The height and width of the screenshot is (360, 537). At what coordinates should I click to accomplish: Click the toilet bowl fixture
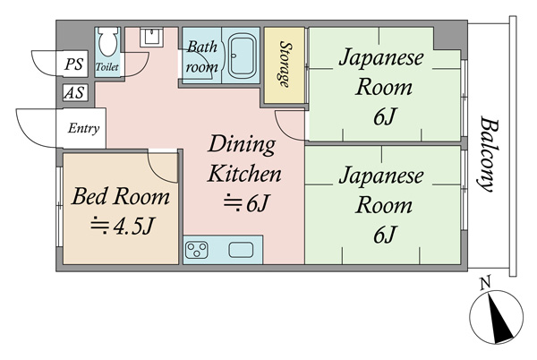pyautogui.click(x=108, y=41)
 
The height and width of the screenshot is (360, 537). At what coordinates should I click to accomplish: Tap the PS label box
pyautogui.click(x=74, y=64)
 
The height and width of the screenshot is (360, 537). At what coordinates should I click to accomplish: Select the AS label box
pyautogui.click(x=75, y=92)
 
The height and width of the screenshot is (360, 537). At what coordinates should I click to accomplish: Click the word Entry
pyautogui.click(x=83, y=128)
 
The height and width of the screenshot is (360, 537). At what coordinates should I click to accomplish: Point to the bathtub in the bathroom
pyautogui.click(x=242, y=56)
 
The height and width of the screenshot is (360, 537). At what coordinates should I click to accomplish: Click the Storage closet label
pyautogui.click(x=285, y=64)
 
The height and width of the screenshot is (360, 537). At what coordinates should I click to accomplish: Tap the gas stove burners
pyautogui.click(x=197, y=250)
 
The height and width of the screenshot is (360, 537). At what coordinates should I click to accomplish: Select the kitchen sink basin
pyautogui.click(x=241, y=250)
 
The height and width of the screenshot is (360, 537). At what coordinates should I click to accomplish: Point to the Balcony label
pyautogui.click(x=488, y=153)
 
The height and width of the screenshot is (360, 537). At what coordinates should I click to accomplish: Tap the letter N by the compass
pyautogui.click(x=485, y=283)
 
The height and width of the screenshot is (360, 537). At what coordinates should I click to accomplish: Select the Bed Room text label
pyautogui.click(x=121, y=196)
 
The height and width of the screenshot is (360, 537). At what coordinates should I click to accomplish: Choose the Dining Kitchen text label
pyautogui.click(x=244, y=159)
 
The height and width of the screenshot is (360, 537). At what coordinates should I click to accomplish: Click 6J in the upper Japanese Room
pyautogui.click(x=385, y=118)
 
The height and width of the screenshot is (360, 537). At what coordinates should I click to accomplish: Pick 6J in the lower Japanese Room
pyautogui.click(x=385, y=235)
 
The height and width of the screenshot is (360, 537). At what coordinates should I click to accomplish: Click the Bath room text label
pyautogui.click(x=202, y=56)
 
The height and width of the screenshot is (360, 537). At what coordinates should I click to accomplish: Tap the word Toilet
pyautogui.click(x=107, y=67)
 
